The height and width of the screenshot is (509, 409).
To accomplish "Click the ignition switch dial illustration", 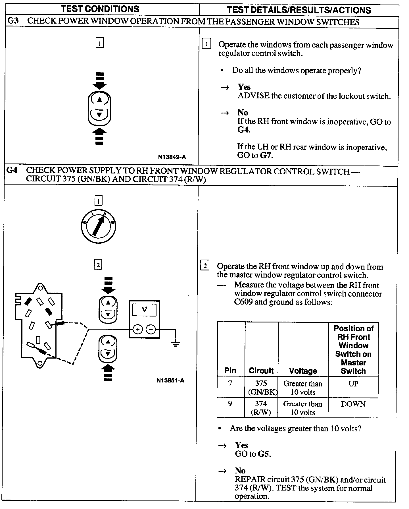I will pyautogui.click(x=98, y=226).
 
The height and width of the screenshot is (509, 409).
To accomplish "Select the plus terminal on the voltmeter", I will pyautogui.click(x=138, y=330).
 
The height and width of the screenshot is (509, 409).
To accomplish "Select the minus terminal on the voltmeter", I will pyautogui.click(x=151, y=330).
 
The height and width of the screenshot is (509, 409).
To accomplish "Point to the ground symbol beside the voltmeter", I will pyautogui.click(x=176, y=344).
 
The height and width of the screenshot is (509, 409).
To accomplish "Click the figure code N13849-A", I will pyautogui.click(x=172, y=157).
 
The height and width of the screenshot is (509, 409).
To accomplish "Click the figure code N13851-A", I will pyautogui.click(x=170, y=380).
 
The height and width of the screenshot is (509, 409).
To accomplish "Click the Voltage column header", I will pyautogui.click(x=303, y=371).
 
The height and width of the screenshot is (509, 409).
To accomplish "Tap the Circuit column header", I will pyautogui.click(x=261, y=371).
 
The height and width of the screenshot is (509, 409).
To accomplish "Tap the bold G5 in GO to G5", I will pyautogui.click(x=264, y=454).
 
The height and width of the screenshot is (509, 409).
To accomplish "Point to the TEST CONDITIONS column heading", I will pyautogui.click(x=100, y=9).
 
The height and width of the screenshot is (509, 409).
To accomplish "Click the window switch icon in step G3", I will pyautogui.click(x=99, y=108).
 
